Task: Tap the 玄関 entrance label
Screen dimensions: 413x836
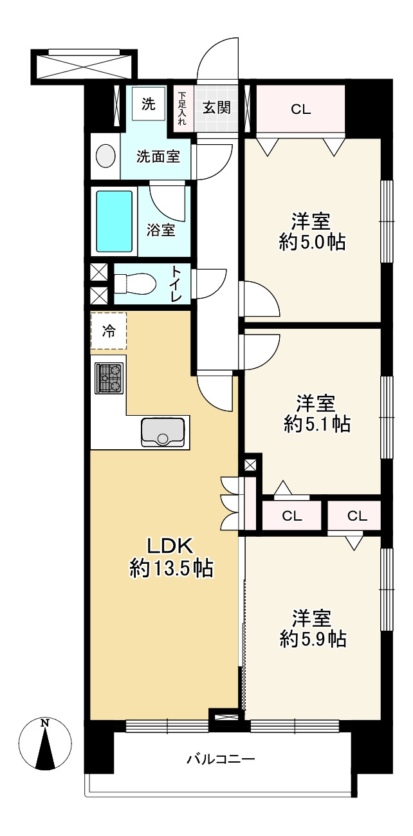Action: (217, 108)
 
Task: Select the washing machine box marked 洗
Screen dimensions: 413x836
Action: (148, 104)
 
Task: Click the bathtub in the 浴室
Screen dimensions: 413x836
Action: (115, 221)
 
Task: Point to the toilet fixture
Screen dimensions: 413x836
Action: (134, 283)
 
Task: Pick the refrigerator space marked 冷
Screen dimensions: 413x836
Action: (109, 331)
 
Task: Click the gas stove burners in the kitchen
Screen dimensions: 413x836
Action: (109, 378)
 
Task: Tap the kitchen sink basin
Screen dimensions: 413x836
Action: (163, 432)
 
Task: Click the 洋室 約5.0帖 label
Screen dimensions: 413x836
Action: (312, 232)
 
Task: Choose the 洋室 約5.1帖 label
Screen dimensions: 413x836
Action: (317, 414)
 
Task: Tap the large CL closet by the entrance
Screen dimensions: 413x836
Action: (300, 109)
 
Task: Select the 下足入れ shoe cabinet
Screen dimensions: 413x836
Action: (182, 108)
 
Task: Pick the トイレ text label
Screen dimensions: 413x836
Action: (176, 284)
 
